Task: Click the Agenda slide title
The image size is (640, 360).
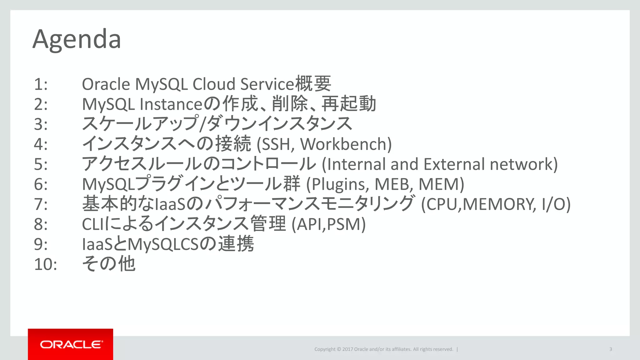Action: point(77,40)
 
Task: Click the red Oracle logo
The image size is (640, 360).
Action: point(71,344)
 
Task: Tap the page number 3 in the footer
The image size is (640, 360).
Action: point(610,349)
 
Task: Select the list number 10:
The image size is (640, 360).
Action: point(46,264)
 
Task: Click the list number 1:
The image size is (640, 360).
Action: point(41,84)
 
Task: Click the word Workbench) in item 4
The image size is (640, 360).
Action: point(346,144)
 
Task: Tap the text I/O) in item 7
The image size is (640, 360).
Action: point(556,204)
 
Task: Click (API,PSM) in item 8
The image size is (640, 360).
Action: point(328,224)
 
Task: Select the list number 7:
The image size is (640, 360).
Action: point(41,204)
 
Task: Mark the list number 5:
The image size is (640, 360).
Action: point(41,164)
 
